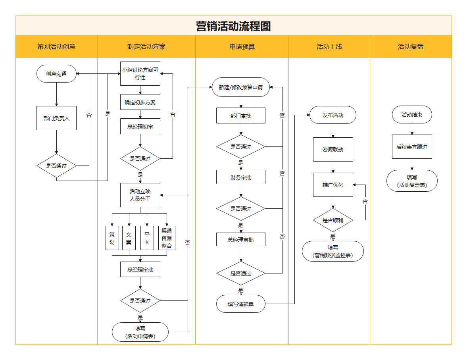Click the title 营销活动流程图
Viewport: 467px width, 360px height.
233,26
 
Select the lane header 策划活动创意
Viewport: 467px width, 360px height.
56,46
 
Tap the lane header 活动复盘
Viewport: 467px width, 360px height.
411,46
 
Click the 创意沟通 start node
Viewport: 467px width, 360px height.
56,74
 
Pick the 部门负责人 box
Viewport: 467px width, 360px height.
56,118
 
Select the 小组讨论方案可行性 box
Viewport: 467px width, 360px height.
140,74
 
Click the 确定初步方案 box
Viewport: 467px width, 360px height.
140,102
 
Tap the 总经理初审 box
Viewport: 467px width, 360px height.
140,126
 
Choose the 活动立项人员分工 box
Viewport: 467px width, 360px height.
140,195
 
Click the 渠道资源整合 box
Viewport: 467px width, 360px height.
166,238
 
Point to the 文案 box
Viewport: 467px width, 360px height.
129,238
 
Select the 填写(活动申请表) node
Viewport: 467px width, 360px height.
140,332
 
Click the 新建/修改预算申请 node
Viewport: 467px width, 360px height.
241,87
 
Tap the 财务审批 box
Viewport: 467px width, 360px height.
241,177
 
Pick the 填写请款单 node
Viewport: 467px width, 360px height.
241,304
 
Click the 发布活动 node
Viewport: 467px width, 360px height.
333,115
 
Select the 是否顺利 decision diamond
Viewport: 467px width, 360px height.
333,220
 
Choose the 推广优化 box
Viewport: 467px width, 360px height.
333,185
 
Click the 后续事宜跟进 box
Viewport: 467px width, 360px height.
412,147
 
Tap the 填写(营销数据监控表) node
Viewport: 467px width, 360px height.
333,251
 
